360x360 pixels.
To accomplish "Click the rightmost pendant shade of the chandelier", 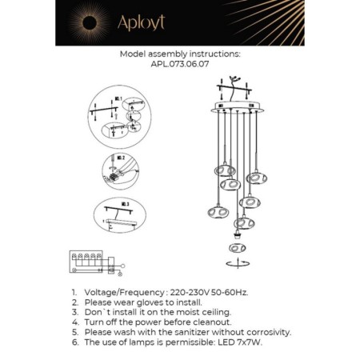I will (x=255, y=178).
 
